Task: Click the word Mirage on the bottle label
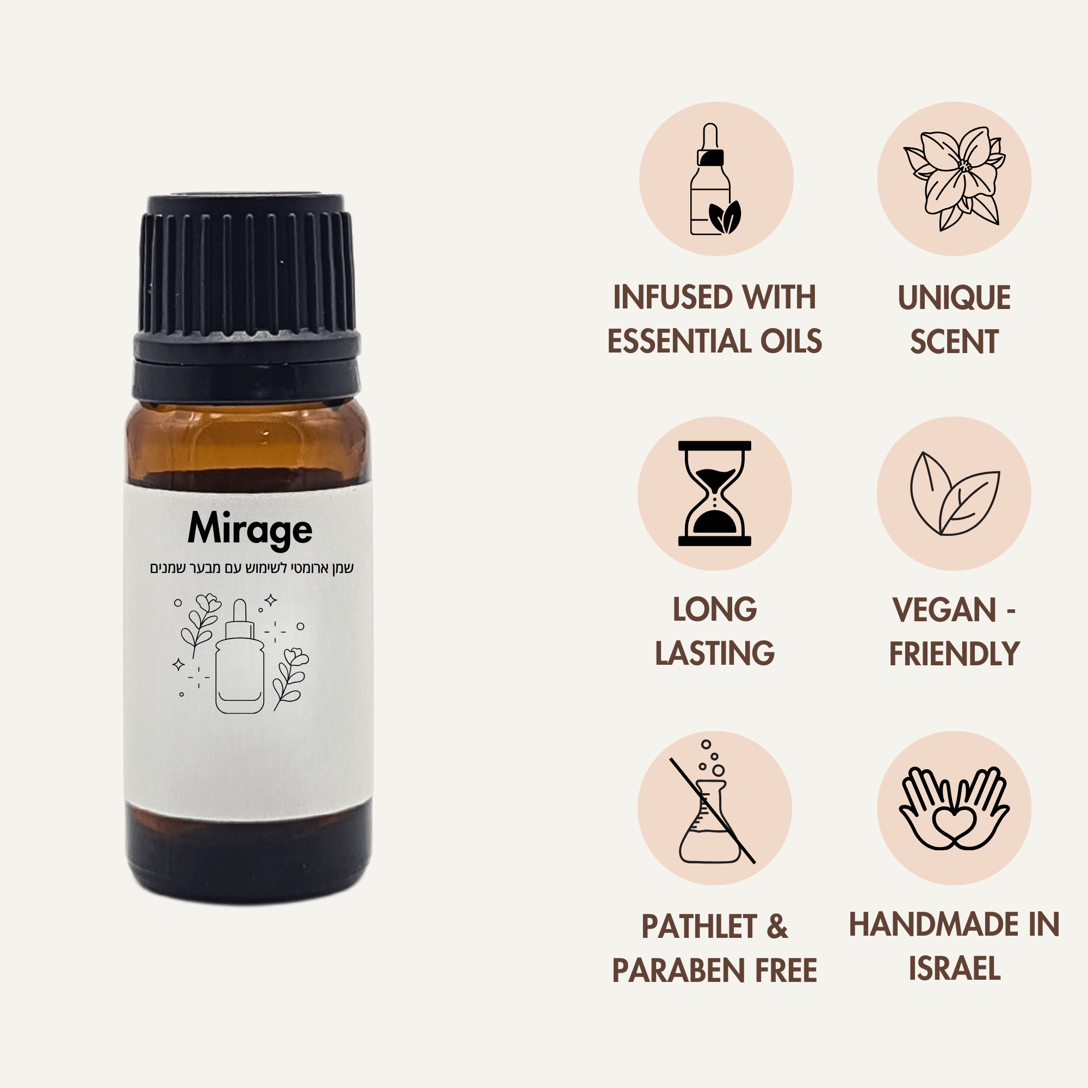pos(250,529)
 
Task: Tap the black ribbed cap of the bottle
pos(246,270)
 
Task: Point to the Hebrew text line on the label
pos(251,567)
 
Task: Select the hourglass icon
pos(715,493)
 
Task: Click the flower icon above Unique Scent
pos(954,178)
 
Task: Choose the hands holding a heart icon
pos(954,809)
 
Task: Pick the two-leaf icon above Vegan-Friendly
pos(954,494)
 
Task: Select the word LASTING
pos(715,653)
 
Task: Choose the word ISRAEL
pos(955,968)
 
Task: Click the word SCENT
pos(954,341)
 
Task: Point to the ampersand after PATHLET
pos(777,926)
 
